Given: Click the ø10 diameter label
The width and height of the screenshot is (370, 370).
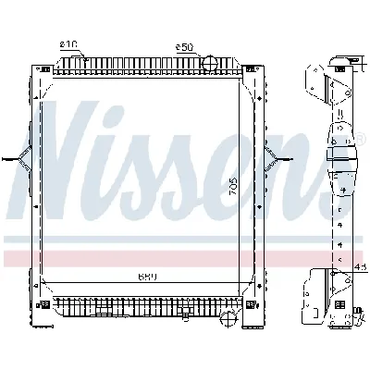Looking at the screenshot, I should click(68, 44).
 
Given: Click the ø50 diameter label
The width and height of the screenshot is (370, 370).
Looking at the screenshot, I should click(184, 45).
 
